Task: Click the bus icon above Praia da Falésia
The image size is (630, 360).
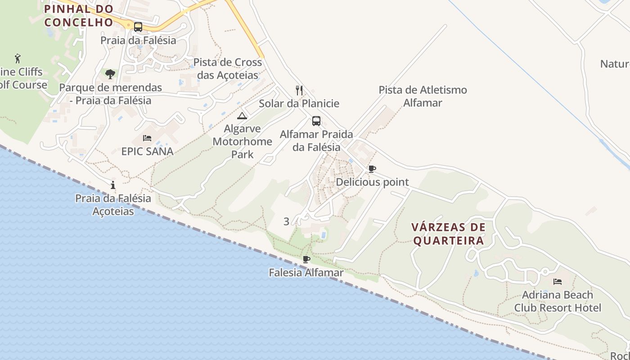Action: [x=138, y=27]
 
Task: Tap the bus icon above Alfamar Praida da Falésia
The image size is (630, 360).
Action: [x=316, y=121]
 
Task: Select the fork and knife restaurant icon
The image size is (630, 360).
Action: [x=299, y=90]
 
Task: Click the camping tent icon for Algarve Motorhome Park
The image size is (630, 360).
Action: [x=242, y=116]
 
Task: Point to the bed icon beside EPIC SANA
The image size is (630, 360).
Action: [x=147, y=138]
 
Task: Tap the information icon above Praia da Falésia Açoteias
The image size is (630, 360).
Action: [x=113, y=185]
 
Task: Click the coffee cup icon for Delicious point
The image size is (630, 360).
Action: [x=372, y=169]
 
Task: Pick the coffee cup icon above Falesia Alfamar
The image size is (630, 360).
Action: [x=306, y=260]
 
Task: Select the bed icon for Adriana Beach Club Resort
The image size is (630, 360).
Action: [x=558, y=282]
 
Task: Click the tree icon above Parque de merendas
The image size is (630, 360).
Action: [x=110, y=73]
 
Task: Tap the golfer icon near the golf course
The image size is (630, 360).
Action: [x=18, y=58]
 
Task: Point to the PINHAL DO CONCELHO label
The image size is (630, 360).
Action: [x=78, y=15]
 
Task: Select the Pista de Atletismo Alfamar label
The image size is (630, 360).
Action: [x=423, y=96]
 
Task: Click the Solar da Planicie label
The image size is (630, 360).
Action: [x=299, y=103]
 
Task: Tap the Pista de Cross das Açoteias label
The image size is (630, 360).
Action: [x=228, y=68]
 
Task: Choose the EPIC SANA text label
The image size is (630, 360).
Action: [x=147, y=152]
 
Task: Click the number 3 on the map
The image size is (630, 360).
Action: [x=286, y=221]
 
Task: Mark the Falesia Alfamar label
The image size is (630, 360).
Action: [x=306, y=273]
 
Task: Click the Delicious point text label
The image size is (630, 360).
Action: [x=372, y=182]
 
